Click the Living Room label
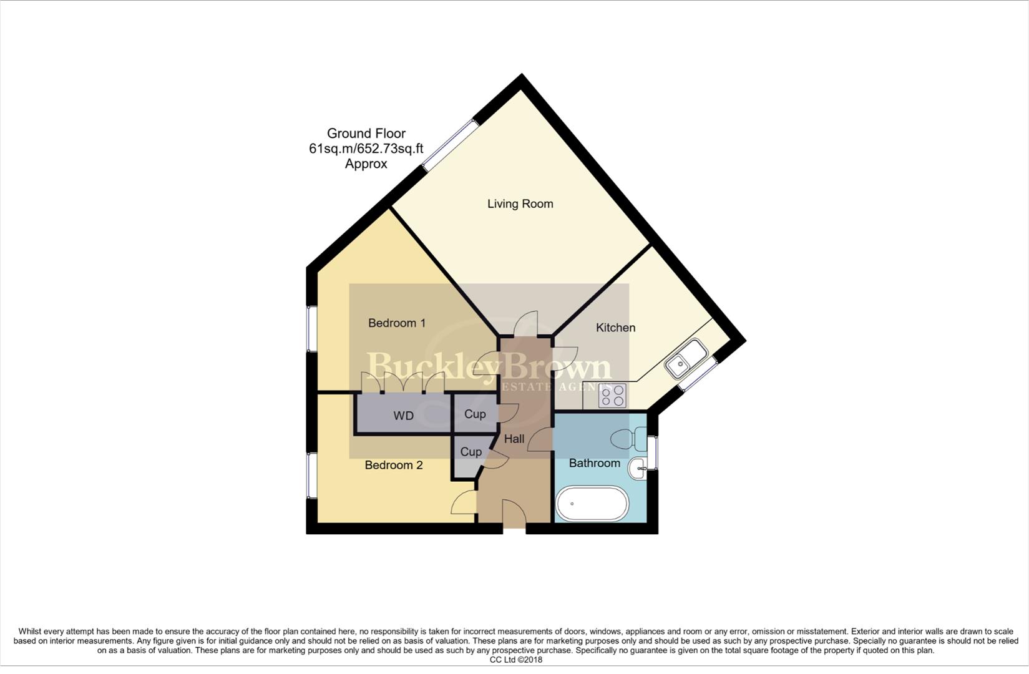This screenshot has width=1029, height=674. [x=520, y=204]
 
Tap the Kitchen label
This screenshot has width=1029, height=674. [x=615, y=328]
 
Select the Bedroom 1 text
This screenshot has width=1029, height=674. [x=397, y=323]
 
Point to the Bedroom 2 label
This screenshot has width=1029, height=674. [x=394, y=466]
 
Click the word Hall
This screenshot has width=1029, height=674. [x=514, y=439]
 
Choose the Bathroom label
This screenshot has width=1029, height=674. [x=594, y=463]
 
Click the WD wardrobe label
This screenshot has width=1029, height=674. [x=403, y=416]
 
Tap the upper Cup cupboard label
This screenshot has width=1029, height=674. [x=475, y=414]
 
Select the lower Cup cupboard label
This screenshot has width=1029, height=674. [x=471, y=452]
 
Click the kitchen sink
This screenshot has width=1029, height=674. [x=685, y=359]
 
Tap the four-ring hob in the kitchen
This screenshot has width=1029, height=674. [x=612, y=395]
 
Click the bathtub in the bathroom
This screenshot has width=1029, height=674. [x=592, y=504]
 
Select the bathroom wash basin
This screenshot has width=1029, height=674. [x=638, y=468]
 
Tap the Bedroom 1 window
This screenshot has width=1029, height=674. [x=311, y=328]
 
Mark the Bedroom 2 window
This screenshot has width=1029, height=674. [x=311, y=475]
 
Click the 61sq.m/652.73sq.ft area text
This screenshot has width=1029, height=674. [x=366, y=149]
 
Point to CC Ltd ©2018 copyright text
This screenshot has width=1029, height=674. [x=515, y=660]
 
